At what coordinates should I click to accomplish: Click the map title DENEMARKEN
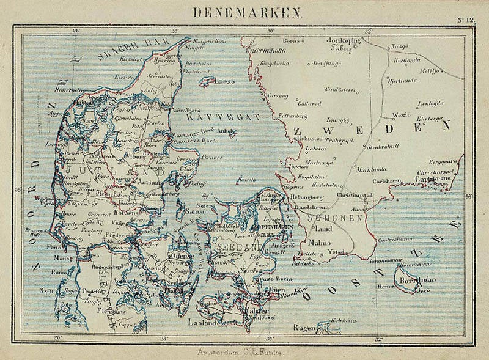coord(248,12)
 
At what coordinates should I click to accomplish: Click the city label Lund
coord(322,229)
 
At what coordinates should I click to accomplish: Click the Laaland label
coord(202,321)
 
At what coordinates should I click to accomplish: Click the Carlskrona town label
coord(434,180)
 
